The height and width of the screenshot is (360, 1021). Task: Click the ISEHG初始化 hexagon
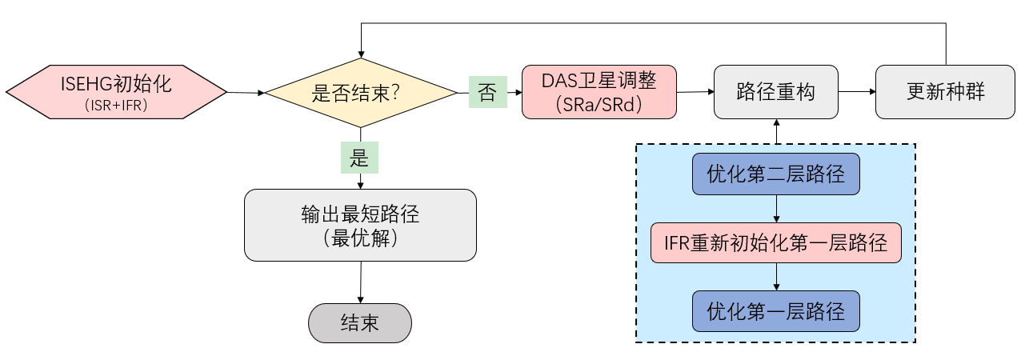116,91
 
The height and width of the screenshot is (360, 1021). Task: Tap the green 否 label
487,92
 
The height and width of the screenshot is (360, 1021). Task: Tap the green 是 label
359,158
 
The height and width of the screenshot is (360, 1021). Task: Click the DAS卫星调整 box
599,91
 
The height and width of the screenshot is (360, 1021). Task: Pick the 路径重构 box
775,91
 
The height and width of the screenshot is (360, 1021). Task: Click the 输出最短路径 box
360,225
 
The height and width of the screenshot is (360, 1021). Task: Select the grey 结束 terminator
360,323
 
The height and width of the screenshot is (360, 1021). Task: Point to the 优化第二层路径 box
775,174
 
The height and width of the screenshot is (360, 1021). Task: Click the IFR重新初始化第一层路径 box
775,243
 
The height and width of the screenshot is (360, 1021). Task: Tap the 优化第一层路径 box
775,310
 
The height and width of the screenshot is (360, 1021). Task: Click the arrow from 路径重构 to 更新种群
856,91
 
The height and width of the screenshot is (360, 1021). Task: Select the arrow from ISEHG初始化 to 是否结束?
246,93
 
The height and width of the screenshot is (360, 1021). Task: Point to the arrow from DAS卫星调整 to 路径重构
695,91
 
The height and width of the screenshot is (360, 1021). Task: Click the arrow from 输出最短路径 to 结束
360,282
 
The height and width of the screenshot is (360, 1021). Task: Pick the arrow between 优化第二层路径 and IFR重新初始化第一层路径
775,210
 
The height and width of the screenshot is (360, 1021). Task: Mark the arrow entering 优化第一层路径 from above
775,277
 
